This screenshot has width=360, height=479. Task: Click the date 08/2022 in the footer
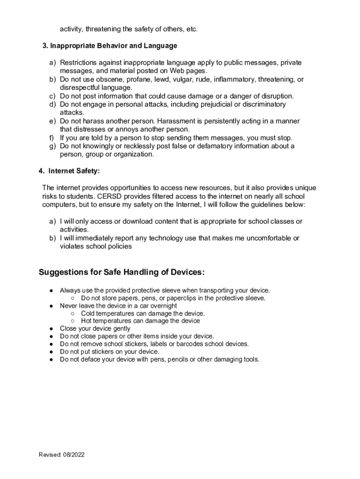click(x=74, y=455)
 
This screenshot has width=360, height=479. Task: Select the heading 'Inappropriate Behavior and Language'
click(x=114, y=46)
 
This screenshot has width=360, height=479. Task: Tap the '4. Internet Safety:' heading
click(x=69, y=171)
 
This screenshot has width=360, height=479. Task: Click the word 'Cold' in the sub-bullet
click(x=88, y=313)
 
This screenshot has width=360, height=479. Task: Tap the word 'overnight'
click(x=163, y=306)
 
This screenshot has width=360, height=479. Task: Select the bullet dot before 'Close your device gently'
click(x=50, y=329)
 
